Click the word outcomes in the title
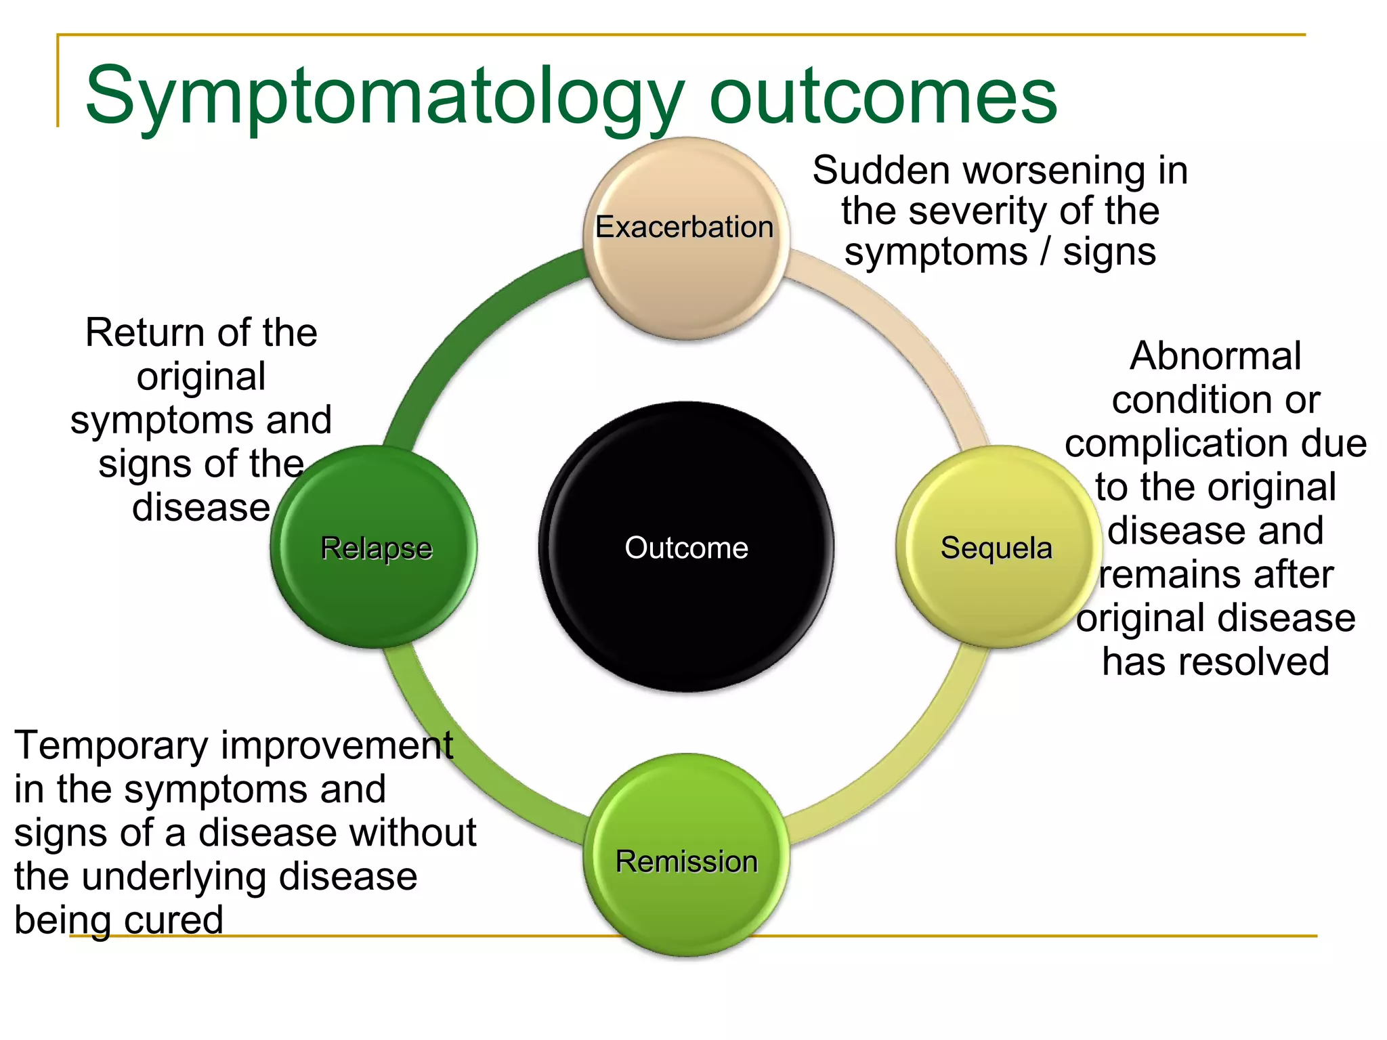882,96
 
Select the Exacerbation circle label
684,227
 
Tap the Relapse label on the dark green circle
376,548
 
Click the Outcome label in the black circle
686,548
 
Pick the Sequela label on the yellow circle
996,548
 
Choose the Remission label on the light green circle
686,862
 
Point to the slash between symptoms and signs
1046,252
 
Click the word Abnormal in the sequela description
1215,356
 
